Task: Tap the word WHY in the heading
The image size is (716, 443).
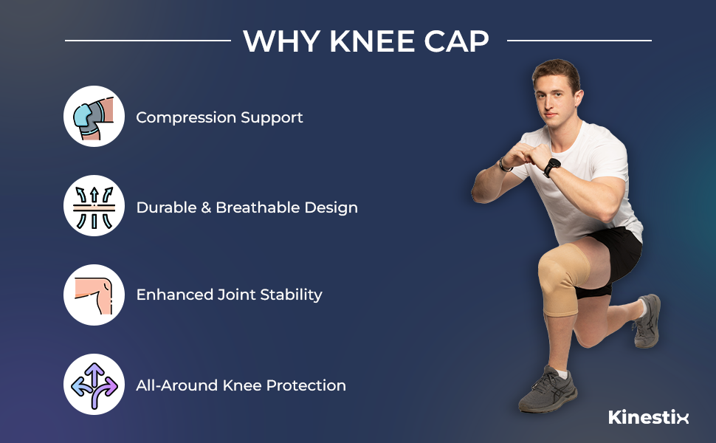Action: point(281,41)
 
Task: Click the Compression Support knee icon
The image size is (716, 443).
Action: point(94,116)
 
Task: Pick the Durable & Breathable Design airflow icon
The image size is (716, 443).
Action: point(94,206)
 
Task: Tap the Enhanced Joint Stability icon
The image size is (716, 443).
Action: point(94,295)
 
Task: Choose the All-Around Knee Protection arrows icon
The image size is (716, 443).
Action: point(94,384)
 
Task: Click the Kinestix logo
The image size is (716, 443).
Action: point(648,417)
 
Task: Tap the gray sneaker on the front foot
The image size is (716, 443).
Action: point(547,389)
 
